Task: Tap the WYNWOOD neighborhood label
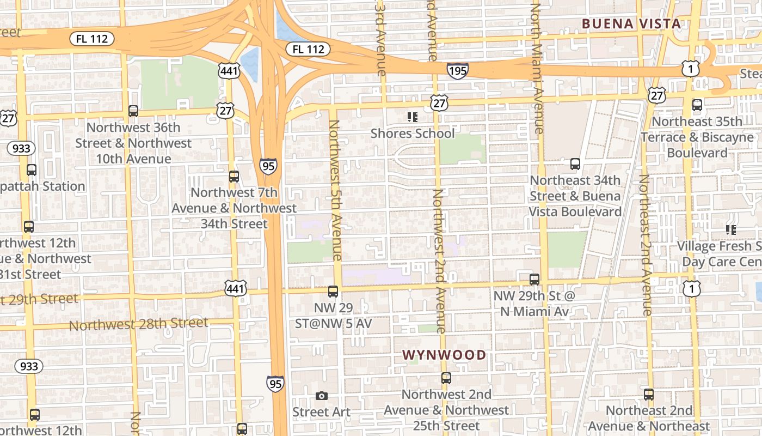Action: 444,355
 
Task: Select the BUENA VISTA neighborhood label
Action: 631,23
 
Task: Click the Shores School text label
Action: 412,134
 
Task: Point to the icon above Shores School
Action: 412,117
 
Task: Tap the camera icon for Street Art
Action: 322,396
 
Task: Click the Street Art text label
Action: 322,412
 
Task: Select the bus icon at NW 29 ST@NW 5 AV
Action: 333,292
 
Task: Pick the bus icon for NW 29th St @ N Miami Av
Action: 534,280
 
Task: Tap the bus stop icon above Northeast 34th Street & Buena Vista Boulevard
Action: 575,163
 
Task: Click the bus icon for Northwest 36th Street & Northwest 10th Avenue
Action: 133,111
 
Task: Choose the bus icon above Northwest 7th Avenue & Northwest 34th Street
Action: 234,177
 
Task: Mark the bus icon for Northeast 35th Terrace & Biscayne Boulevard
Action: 697,105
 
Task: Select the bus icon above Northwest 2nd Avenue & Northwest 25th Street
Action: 446,378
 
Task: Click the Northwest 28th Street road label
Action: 139,324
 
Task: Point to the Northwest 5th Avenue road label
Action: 335,191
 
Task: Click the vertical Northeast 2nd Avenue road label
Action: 646,245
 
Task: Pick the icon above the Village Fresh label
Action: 731,230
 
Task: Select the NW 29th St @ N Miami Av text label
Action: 534,304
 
